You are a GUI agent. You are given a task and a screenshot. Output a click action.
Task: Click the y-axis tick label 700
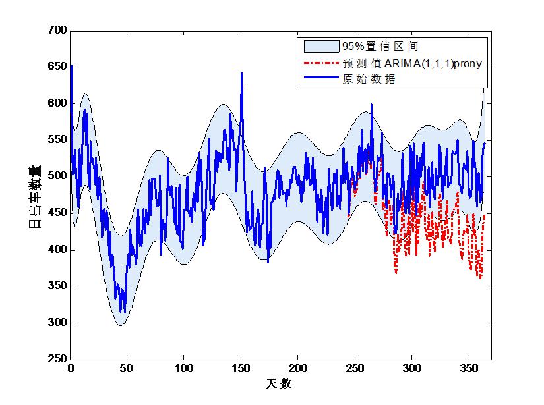point(58,30)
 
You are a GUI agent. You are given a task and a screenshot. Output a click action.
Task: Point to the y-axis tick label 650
point(58,67)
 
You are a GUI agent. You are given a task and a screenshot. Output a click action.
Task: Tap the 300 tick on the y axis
point(58,323)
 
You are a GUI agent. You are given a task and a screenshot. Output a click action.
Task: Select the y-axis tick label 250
point(58,360)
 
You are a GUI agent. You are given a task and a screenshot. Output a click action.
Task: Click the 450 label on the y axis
point(58,213)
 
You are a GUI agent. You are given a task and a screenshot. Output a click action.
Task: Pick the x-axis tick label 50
point(127,368)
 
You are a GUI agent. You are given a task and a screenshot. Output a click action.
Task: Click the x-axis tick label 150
point(241,368)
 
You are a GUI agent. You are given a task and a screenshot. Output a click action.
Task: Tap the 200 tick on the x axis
point(298,368)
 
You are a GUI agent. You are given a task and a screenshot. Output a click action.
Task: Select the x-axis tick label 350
point(469,368)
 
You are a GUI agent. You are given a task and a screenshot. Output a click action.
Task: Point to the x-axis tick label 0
point(71,368)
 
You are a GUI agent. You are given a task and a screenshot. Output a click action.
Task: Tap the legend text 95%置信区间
point(379,47)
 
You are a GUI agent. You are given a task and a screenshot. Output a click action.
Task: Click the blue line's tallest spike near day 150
point(241,73)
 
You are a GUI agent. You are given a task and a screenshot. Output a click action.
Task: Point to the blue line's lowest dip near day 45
point(121,312)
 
